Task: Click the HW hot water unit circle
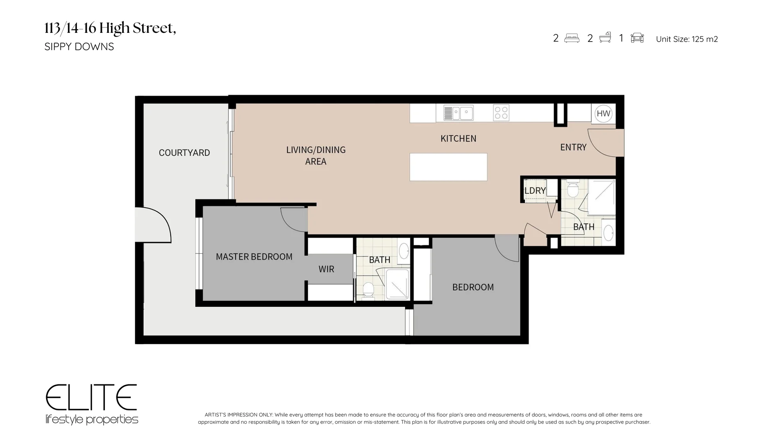(603, 113)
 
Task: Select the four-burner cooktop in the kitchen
(501, 113)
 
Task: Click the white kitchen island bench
(448, 167)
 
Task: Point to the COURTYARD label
(184, 153)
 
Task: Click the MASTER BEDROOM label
(254, 257)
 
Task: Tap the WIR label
(326, 269)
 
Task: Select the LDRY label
(535, 191)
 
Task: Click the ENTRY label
(573, 147)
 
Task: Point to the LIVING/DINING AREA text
(316, 155)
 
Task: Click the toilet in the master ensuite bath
(368, 289)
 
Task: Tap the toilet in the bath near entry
(572, 190)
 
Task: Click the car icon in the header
(637, 38)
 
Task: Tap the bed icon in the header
(572, 38)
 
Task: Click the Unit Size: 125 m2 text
(686, 39)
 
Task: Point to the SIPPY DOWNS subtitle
(79, 46)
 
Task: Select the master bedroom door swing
(293, 220)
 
